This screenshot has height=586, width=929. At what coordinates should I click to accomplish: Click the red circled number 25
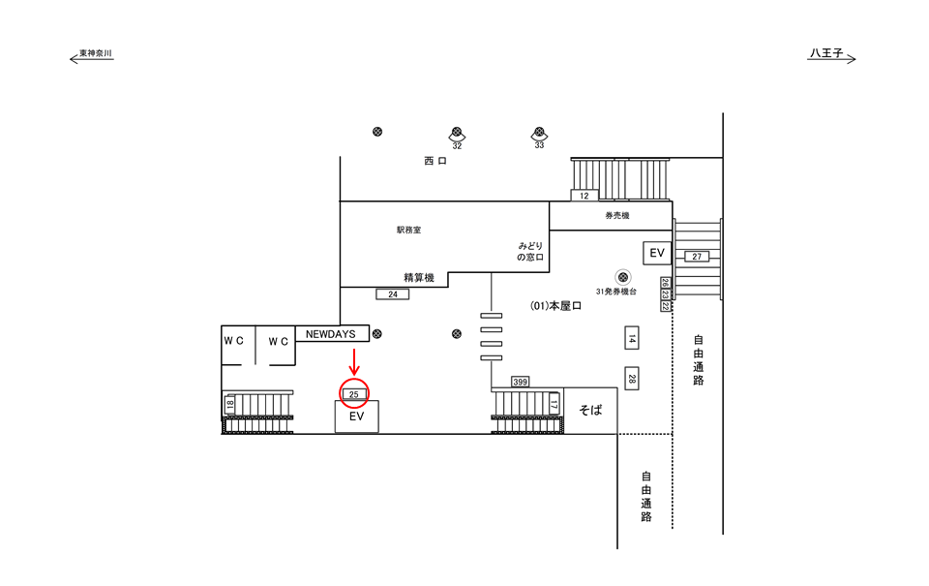(x=354, y=394)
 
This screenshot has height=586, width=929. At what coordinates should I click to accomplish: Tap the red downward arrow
(x=354, y=362)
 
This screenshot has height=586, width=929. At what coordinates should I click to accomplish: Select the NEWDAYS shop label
(x=331, y=334)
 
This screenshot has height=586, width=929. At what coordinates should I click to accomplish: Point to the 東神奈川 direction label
(x=93, y=54)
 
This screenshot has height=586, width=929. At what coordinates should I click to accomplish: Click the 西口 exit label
(x=435, y=161)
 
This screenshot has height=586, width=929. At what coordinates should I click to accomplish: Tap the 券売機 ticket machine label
(x=617, y=215)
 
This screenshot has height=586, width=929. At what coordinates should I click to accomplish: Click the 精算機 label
(x=419, y=278)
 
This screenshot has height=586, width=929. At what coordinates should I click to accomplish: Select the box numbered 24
(x=392, y=293)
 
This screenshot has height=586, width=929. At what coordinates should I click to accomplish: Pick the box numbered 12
(x=584, y=196)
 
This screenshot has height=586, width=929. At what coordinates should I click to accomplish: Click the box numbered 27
(x=698, y=257)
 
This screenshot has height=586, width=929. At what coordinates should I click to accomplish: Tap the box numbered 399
(x=522, y=382)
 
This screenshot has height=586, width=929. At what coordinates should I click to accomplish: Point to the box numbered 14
(x=631, y=339)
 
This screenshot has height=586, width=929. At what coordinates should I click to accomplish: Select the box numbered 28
(x=631, y=379)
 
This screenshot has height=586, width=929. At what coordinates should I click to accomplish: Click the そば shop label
(x=590, y=410)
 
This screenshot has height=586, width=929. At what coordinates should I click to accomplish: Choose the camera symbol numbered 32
(x=457, y=134)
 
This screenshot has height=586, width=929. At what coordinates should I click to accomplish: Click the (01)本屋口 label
(x=556, y=306)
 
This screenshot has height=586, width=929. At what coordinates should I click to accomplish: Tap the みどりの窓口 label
(x=530, y=253)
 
